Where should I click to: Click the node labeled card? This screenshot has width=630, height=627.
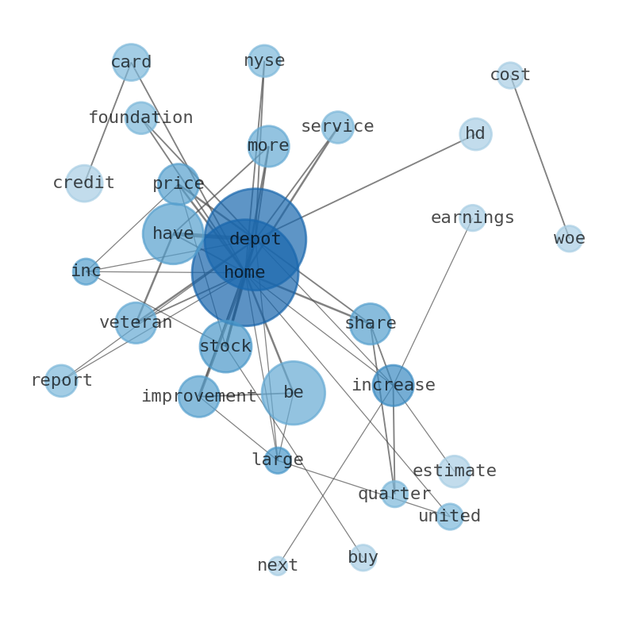131,62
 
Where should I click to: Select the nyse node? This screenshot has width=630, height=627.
264,61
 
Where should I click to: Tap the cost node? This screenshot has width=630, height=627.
510,75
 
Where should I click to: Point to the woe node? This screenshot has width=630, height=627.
569,238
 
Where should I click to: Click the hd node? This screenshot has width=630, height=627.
475,134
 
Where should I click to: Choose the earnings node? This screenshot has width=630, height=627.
472,217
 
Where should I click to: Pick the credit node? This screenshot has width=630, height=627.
84,183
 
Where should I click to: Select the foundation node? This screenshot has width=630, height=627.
140,118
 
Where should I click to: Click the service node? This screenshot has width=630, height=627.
337,127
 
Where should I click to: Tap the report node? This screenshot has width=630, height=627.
61,381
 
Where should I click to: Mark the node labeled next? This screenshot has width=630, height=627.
278,566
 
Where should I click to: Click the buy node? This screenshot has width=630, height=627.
363,558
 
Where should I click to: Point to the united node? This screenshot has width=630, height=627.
450,517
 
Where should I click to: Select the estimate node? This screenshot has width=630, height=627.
455,471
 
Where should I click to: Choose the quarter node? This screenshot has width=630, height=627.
394,494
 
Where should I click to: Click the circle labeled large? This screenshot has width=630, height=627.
278,460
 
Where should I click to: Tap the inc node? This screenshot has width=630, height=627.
86,271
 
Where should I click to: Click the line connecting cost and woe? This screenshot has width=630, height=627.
540,156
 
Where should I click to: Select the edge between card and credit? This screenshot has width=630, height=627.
108,122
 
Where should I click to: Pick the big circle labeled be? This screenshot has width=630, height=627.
293,393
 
